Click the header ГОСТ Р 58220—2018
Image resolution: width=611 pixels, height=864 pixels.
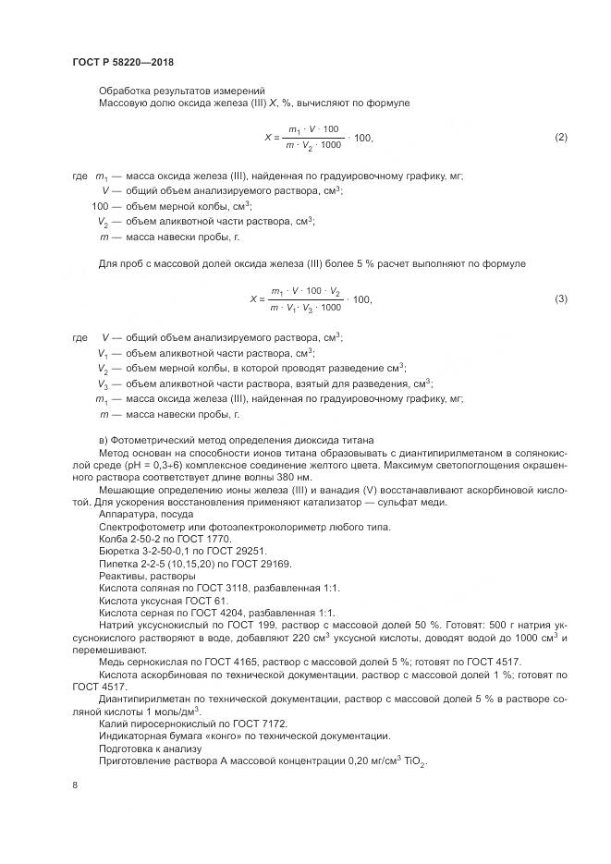123,62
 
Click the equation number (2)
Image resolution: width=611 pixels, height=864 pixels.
560,137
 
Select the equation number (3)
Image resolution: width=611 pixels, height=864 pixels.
560,298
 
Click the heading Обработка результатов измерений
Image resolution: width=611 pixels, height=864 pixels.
181,90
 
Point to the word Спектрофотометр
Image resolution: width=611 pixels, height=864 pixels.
140,527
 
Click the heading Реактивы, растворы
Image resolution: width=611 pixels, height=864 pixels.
141,576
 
